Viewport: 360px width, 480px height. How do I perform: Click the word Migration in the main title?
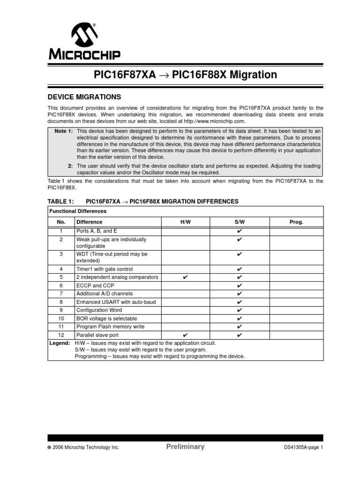(x=253, y=75)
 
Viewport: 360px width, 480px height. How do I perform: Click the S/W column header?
(x=240, y=222)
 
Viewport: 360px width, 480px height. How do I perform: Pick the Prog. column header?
(x=296, y=222)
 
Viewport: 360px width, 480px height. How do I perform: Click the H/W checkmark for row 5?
(x=185, y=277)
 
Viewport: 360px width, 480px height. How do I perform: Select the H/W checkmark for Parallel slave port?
(x=185, y=335)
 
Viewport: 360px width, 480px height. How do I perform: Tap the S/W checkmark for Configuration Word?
(x=240, y=310)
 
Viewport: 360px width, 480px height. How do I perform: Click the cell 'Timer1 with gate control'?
(x=105, y=269)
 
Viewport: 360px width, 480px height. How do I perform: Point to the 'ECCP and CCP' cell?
(x=92, y=285)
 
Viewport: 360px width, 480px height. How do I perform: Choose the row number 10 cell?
(x=61, y=318)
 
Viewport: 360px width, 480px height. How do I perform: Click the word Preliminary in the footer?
(x=185, y=447)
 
